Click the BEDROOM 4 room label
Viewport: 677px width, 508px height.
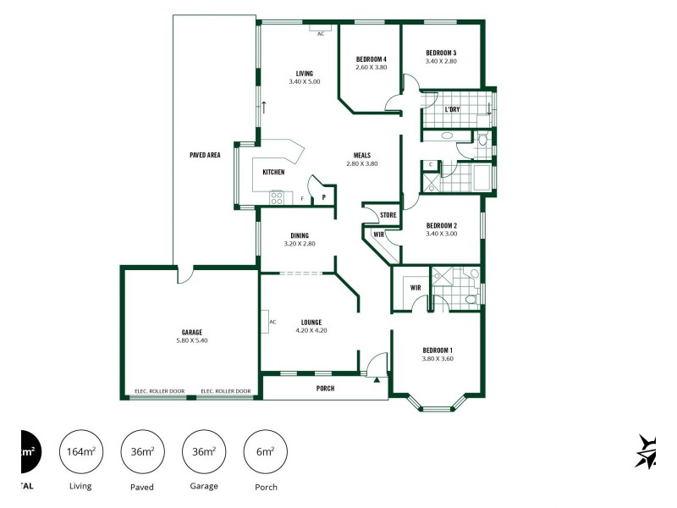(x=371, y=58)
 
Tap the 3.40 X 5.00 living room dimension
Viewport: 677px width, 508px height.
(x=305, y=82)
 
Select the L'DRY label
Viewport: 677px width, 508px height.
(x=452, y=109)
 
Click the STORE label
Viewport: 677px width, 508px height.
(x=388, y=215)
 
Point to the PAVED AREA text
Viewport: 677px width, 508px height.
(x=205, y=155)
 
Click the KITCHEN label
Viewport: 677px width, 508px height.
(x=273, y=172)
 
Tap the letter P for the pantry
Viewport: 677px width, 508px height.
(x=323, y=198)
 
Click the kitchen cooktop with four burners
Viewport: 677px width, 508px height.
(x=276, y=198)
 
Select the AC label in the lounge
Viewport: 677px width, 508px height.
(x=272, y=322)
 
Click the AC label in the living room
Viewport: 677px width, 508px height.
(x=321, y=34)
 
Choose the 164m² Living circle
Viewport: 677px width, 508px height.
(x=80, y=453)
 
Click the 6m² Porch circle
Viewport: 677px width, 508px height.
(x=265, y=453)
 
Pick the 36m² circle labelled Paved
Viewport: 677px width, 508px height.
(x=142, y=453)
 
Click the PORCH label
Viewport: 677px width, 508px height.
(x=325, y=389)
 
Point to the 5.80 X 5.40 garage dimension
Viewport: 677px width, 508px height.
(x=191, y=340)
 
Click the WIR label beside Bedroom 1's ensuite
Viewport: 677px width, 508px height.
(x=416, y=288)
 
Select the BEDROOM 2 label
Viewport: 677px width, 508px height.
(x=441, y=225)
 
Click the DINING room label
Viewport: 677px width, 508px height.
(x=300, y=235)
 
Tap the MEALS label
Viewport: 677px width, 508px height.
(x=361, y=155)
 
